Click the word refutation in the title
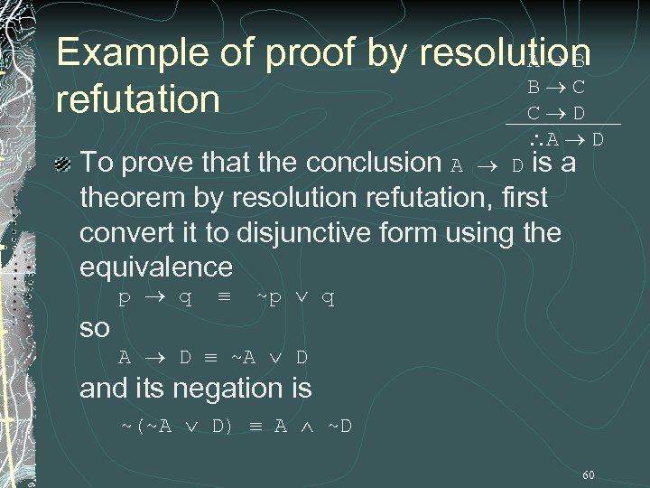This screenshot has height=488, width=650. (137, 99)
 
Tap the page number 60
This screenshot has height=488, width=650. (589, 474)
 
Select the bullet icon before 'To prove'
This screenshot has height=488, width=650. (62, 164)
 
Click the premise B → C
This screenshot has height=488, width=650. (556, 88)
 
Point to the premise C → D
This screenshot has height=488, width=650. (556, 114)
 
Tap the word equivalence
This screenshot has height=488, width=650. (155, 267)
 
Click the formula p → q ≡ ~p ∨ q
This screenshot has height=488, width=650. (227, 297)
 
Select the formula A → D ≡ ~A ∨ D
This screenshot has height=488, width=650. (214, 357)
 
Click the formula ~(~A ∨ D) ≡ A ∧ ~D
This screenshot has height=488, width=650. (237, 424)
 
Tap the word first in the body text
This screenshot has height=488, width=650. (523, 199)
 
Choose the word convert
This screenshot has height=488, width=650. (125, 232)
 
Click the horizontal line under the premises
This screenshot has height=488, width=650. (563, 124)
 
